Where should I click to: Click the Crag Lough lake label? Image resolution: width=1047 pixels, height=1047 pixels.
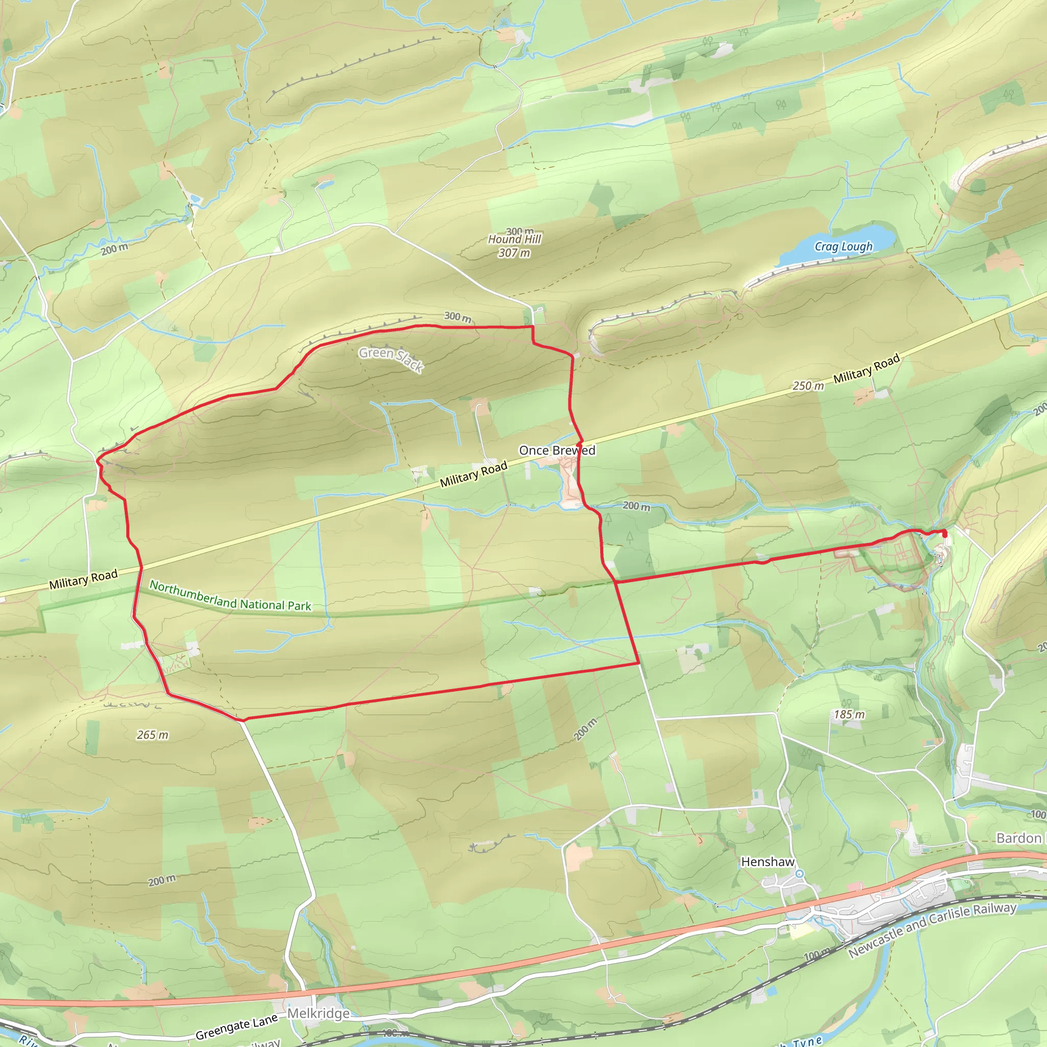click(843, 247)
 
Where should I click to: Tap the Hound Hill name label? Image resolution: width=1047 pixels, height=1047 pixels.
click(514, 239)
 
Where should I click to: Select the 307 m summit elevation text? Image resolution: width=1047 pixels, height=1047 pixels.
click(514, 253)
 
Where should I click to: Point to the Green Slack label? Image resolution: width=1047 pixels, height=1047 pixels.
click(391, 359)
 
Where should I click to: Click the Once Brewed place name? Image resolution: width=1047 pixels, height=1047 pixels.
click(557, 450)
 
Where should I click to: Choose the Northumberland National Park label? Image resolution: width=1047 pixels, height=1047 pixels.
click(231, 596)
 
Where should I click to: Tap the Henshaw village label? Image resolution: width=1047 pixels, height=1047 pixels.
click(767, 861)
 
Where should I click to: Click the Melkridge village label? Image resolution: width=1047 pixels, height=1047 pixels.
click(318, 1013)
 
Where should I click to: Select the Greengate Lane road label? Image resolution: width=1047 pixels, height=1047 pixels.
click(236, 1027)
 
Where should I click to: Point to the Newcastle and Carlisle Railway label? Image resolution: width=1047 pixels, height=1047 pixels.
click(932, 929)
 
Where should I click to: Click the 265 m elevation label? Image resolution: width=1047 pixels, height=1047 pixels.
click(152, 735)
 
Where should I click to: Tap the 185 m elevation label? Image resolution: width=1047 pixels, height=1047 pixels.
click(849, 714)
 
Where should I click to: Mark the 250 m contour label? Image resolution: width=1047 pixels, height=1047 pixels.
click(808, 386)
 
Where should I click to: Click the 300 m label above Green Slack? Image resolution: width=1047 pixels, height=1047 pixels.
click(458, 316)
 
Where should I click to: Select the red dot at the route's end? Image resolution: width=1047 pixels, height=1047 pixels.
click(945, 535)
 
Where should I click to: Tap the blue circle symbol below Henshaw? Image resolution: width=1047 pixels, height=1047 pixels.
click(800, 874)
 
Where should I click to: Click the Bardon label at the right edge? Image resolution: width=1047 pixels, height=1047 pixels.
click(1019, 838)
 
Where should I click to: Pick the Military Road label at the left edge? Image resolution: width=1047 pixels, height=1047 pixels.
click(83, 579)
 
